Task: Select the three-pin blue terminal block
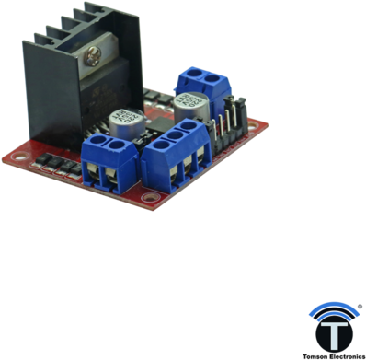point(175,155)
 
